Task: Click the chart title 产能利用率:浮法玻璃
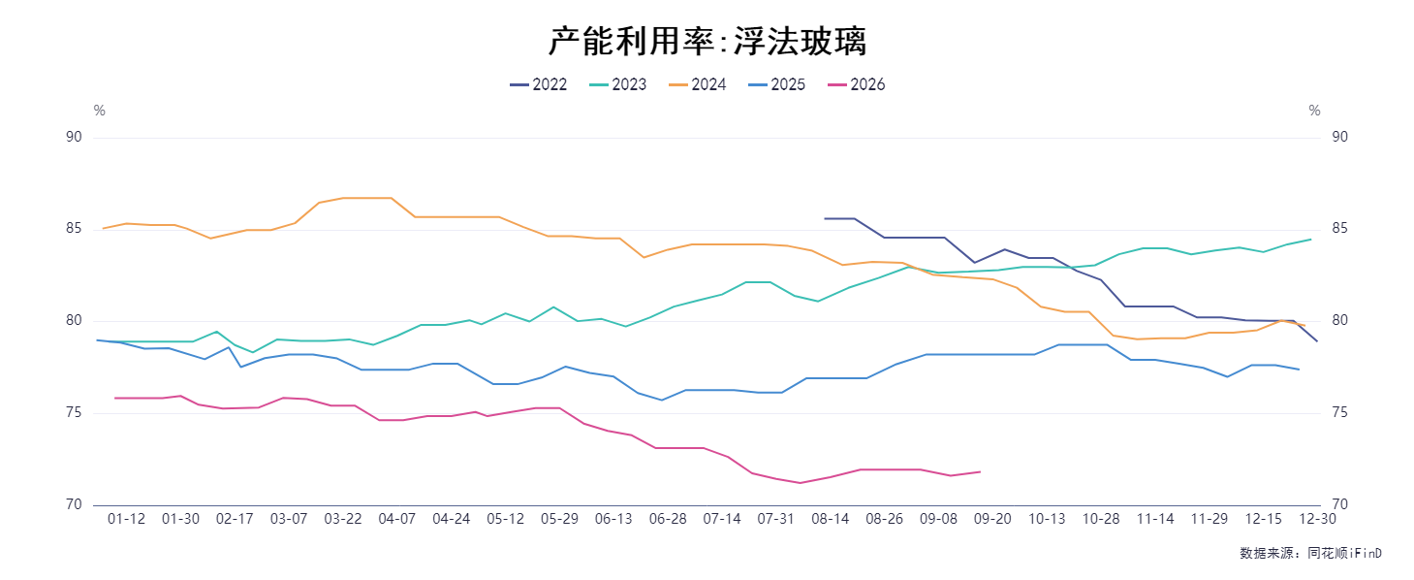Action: [707, 42]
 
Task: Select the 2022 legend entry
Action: [539, 84]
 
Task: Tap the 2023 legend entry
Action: [618, 84]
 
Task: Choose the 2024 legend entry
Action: [698, 84]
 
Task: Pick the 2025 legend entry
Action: [777, 84]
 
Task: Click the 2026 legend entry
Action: [857, 84]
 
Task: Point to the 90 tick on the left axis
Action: [74, 137]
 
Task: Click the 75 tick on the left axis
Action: [74, 412]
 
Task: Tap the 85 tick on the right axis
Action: [1339, 229]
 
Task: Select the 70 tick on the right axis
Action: [1339, 504]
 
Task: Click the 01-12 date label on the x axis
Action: [126, 519]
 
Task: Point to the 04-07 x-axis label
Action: [397, 519]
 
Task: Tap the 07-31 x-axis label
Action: [775, 519]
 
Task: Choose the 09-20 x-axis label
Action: [992, 519]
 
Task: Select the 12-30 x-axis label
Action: [1317, 519]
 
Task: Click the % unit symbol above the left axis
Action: [99, 112]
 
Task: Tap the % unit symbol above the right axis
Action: [1314, 112]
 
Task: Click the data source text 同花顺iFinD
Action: [1344, 554]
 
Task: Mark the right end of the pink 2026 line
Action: [981, 471]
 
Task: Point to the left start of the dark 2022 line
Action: [825, 218]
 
